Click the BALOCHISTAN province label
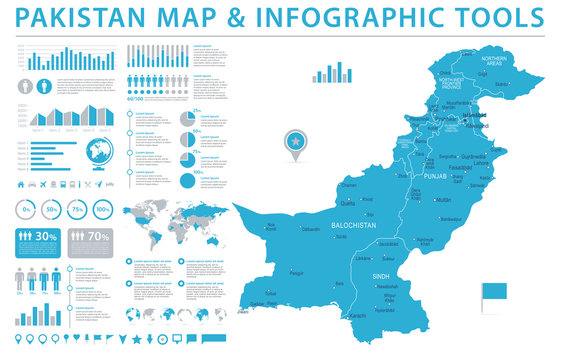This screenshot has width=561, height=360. point(354,227)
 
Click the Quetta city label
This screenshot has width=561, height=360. point(349,194)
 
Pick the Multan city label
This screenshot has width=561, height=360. point(444,200)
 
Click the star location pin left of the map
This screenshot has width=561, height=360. point(296,142)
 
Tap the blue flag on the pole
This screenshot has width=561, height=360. point(496,292)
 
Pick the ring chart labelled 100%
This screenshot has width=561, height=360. point(103,210)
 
